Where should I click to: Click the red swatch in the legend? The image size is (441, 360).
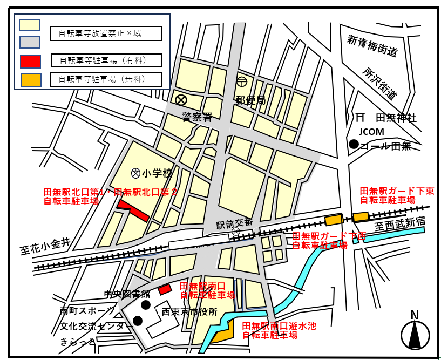30,61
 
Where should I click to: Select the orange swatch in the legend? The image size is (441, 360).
30,80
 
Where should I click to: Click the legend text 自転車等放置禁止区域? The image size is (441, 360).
106,33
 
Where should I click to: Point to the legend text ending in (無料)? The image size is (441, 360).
106,79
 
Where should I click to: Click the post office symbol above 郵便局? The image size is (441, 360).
241,82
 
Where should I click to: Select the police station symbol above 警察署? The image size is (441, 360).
181,100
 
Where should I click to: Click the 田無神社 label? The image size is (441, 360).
396,118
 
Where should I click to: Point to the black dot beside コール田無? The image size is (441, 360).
354,144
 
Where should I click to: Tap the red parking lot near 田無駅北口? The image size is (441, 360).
133,210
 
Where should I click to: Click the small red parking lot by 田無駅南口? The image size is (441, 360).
165,289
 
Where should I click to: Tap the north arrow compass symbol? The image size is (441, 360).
415,334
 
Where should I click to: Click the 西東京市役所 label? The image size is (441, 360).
189,312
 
